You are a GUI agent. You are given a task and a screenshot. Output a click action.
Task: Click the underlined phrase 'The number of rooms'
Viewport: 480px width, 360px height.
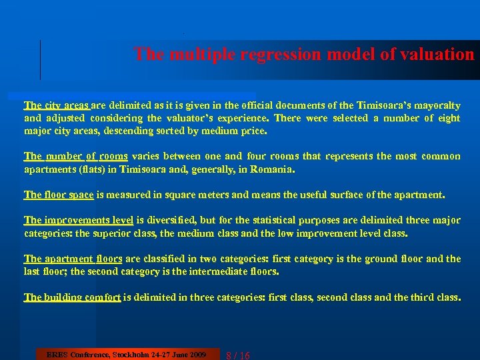75,156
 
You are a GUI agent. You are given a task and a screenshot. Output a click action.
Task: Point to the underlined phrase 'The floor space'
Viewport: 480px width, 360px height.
59,195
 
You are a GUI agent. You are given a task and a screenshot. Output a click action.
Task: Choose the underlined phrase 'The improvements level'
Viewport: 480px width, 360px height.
79,220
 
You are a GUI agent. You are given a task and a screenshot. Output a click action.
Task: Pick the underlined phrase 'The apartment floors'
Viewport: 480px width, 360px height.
73,259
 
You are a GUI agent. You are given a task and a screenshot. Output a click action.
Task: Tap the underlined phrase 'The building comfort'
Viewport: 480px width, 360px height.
72,297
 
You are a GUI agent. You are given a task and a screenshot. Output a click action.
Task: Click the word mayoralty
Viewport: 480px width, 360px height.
433,105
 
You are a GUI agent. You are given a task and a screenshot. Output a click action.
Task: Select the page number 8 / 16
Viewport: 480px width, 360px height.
238,355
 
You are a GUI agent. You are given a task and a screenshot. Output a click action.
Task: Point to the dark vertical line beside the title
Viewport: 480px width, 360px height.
41,60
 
